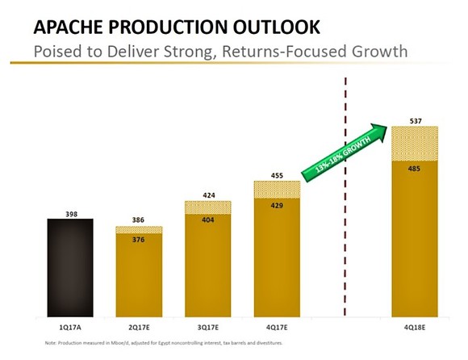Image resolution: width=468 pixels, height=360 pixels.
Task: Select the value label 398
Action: tap(69, 213)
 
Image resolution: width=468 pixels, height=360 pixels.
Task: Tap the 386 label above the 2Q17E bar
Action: tap(139, 220)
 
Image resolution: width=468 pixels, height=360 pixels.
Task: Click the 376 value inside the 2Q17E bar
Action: tap(139, 238)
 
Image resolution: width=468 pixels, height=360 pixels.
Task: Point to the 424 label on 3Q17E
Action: tap(207, 195)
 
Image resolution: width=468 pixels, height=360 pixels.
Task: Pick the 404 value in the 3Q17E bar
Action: tap(207, 219)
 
